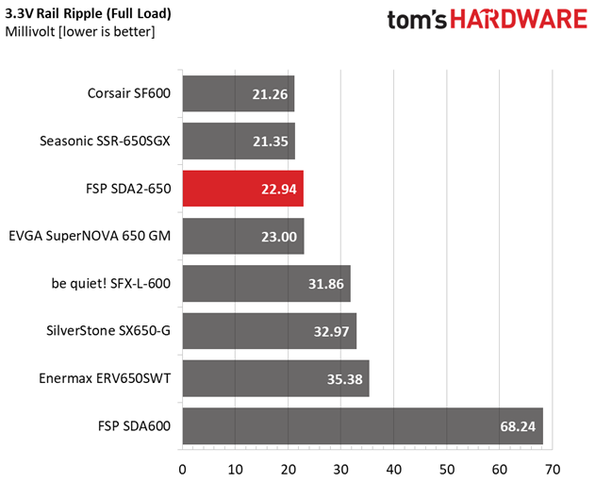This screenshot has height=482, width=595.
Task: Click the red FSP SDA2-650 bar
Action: pyautogui.click(x=242, y=188)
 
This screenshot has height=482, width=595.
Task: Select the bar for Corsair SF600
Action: pyautogui.click(x=238, y=93)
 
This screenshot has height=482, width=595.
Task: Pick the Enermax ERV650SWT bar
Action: pyautogui.click(x=275, y=378)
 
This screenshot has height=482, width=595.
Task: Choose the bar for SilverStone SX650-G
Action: pyautogui.click(x=269, y=330)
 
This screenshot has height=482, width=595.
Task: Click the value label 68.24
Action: pyautogui.click(x=517, y=426)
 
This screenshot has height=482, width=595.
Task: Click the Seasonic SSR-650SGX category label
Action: pyautogui.click(x=105, y=141)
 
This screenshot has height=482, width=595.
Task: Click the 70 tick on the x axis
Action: pyautogui.click(x=553, y=467)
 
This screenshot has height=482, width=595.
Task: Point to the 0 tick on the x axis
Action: pyautogui.click(x=182, y=467)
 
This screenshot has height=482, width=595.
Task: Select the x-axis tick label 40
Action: pyautogui.click(x=393, y=467)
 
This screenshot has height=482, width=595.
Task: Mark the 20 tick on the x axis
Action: pyautogui.click(x=288, y=467)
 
